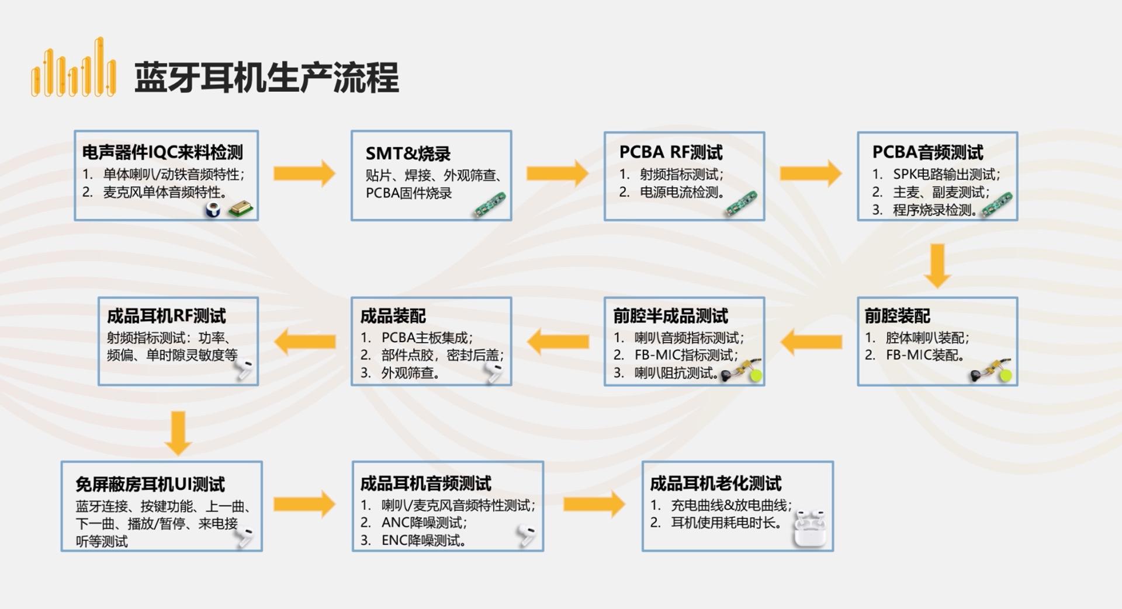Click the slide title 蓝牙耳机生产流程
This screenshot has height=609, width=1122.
point(266,78)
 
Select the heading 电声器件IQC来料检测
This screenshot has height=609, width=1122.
point(162,152)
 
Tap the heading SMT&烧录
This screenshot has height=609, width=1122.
point(408,154)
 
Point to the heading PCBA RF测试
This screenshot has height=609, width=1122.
point(670,152)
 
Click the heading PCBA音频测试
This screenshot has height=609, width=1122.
point(927,152)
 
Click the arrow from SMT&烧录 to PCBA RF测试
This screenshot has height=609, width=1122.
point(556,173)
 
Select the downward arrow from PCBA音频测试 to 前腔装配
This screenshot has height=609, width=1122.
point(937,266)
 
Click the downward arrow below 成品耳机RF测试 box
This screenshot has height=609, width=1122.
point(178,433)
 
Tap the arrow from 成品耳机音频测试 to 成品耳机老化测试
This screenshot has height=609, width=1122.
point(594,504)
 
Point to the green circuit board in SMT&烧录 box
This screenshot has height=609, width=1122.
point(490,205)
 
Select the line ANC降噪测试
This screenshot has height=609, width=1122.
point(423,523)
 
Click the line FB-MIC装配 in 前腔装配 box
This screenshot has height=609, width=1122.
point(924,355)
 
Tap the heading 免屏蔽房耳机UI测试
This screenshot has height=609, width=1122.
point(150,484)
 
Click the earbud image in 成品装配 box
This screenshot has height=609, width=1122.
point(494,372)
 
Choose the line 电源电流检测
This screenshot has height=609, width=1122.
point(681,192)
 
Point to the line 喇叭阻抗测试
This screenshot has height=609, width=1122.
point(676,373)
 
